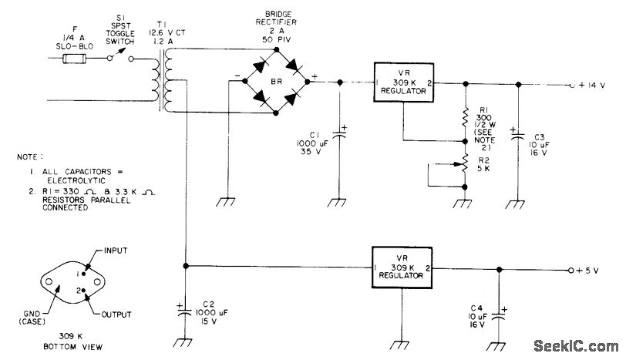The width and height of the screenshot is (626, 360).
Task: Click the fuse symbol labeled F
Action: [74, 59]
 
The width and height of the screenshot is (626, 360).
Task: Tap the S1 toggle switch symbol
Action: [120, 56]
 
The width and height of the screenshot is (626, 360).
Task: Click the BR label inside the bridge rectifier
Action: [276, 82]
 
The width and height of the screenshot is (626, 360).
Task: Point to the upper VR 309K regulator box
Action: [404, 82]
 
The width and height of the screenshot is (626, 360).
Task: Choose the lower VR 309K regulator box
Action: [402, 267]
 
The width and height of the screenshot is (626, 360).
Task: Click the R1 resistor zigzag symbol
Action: [465, 117]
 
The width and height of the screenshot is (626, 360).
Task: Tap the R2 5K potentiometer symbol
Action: [464, 163]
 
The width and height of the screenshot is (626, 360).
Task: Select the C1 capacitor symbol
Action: [340, 134]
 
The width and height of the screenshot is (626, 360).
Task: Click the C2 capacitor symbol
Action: [184, 312]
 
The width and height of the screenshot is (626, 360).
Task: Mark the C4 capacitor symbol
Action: [499, 316]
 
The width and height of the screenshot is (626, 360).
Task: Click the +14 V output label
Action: [591, 86]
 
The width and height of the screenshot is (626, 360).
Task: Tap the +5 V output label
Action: [587, 271]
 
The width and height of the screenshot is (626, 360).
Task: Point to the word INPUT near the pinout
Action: [116, 251]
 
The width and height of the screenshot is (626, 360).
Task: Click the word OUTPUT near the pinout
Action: [116, 315]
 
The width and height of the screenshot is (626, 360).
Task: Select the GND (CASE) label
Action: [32, 318]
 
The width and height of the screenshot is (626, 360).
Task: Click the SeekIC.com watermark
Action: [576, 345]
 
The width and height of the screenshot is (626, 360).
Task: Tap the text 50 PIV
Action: [276, 39]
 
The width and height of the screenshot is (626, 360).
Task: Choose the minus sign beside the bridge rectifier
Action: [237, 75]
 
